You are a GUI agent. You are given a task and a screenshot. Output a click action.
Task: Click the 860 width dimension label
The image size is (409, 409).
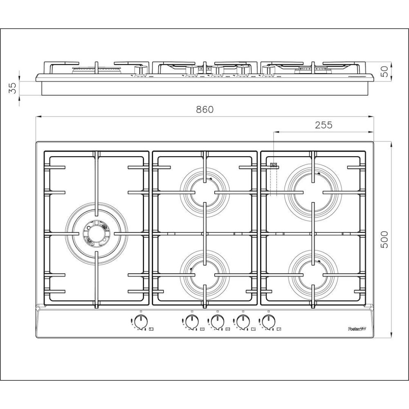205,110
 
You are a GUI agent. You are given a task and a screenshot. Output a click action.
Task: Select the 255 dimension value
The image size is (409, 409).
324,125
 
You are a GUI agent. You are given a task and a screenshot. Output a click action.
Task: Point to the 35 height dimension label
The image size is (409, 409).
13,88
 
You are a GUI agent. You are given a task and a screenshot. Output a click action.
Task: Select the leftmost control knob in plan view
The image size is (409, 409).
141,322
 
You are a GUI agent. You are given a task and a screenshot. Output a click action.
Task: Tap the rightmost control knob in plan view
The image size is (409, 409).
268,322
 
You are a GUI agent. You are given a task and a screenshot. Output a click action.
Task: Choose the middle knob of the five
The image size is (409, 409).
217,322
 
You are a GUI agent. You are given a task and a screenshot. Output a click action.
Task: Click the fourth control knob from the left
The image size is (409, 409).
243,322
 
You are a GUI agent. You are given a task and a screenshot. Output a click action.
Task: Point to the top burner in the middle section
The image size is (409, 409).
204,191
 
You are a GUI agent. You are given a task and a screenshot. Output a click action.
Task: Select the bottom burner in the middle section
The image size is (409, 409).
204,273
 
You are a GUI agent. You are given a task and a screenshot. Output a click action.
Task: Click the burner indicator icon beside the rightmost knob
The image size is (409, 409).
279,329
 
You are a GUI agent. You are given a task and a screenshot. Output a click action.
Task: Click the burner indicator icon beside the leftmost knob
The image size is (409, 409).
151,329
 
